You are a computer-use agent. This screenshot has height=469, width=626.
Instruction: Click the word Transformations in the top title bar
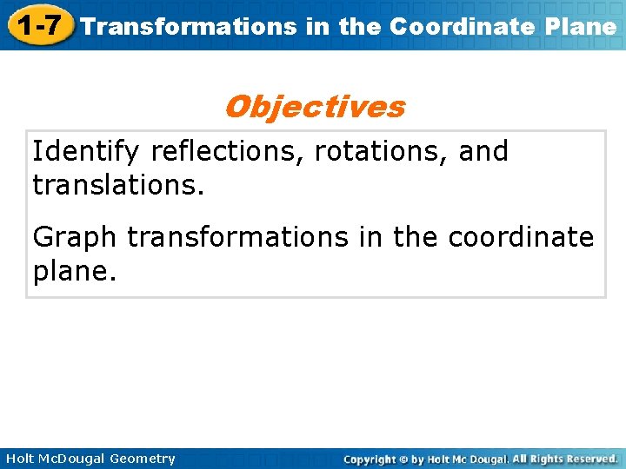[188, 26]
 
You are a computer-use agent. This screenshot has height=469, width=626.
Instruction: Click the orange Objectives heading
[314, 107]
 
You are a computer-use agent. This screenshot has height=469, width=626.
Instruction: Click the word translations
[117, 184]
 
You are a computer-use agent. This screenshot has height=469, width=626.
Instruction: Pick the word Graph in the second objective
[77, 236]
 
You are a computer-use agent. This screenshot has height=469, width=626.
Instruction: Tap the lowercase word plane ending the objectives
[73, 270]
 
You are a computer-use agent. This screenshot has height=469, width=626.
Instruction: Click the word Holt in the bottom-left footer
[19, 459]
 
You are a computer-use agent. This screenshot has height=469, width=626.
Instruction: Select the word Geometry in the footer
[143, 459]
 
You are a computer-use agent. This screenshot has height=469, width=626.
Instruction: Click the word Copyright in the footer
[370, 459]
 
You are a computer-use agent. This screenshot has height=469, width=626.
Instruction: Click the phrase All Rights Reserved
[564, 459]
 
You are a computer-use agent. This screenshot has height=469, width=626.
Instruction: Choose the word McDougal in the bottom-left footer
[72, 459]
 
